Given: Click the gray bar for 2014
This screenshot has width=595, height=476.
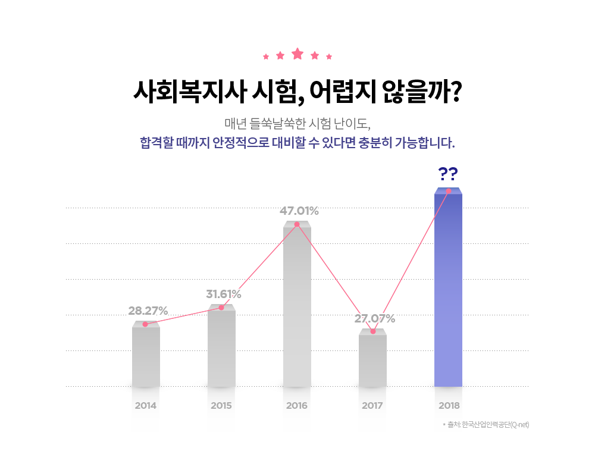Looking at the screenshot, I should (146, 357).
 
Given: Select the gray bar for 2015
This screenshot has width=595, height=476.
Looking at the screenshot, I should (221, 348).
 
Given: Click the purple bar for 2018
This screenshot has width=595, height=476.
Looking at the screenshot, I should (448, 292).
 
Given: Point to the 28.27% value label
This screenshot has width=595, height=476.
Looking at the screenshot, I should (148, 311).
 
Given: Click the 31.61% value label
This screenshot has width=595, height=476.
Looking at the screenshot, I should (224, 294).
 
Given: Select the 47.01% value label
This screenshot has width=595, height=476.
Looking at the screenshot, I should (299, 211).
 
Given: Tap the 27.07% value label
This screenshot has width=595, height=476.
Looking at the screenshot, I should (374, 318).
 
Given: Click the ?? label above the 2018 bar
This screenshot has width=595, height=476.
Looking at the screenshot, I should (447, 174).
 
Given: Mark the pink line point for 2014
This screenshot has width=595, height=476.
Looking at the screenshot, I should (145, 324).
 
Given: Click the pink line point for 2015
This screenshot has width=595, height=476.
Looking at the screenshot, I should (221, 308).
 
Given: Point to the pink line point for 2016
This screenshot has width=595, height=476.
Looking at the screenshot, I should (296, 224).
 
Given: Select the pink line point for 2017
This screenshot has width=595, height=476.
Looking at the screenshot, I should (373, 331).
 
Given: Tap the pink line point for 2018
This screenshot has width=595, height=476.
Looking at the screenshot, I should (448, 191).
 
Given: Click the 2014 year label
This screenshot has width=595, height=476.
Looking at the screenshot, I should (146, 406).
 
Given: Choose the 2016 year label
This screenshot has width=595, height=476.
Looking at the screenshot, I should (297, 406).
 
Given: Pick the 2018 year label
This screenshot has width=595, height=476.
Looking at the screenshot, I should (448, 406).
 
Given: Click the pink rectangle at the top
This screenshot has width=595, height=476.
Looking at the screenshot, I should (297, 54).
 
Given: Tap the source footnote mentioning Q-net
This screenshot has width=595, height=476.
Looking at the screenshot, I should (487, 424).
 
